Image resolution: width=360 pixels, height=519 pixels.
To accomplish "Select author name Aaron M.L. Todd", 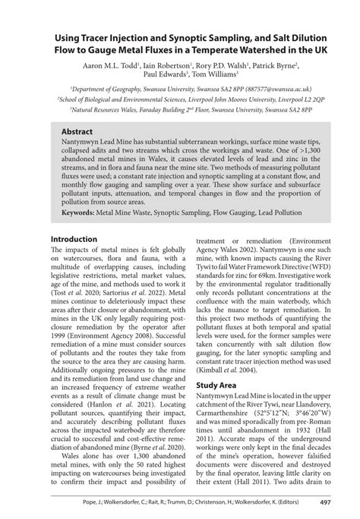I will point(114,66).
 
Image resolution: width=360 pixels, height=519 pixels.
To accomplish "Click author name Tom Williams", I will point(213,75).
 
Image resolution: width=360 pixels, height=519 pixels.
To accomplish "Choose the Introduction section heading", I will point(74,239).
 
